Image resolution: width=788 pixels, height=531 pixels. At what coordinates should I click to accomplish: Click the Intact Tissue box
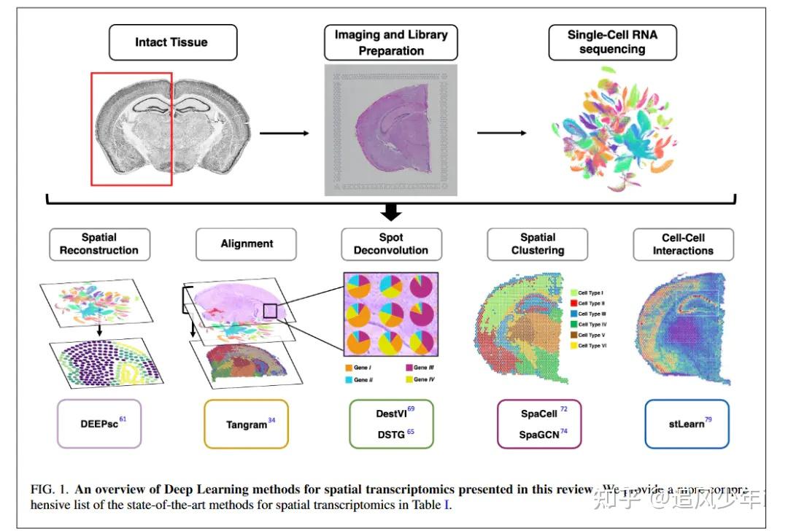[173, 42]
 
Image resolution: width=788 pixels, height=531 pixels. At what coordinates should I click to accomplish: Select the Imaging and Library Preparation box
[390, 42]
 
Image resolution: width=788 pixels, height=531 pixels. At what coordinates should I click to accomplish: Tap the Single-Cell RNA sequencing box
[612, 42]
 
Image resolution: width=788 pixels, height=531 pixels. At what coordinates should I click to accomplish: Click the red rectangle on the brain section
[131, 128]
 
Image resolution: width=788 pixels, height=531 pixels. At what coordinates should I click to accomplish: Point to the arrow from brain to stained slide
[284, 133]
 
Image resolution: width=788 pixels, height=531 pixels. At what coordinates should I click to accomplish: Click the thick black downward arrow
[392, 212]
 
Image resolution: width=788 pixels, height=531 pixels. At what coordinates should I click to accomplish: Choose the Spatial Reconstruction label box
[99, 244]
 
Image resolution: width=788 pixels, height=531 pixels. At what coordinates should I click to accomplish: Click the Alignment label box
[247, 244]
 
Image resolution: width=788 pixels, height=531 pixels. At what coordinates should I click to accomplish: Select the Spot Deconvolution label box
[391, 244]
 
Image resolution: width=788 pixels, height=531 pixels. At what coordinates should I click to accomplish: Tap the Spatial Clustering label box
[538, 244]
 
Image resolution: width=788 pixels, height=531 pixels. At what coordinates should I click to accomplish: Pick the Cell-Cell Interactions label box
[683, 244]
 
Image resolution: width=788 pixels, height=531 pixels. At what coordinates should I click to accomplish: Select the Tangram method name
[247, 424]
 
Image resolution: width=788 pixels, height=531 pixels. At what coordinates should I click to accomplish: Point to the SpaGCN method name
[538, 434]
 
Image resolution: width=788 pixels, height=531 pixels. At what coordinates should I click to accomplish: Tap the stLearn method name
[686, 423]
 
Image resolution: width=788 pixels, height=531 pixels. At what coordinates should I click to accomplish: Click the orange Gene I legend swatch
[349, 368]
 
